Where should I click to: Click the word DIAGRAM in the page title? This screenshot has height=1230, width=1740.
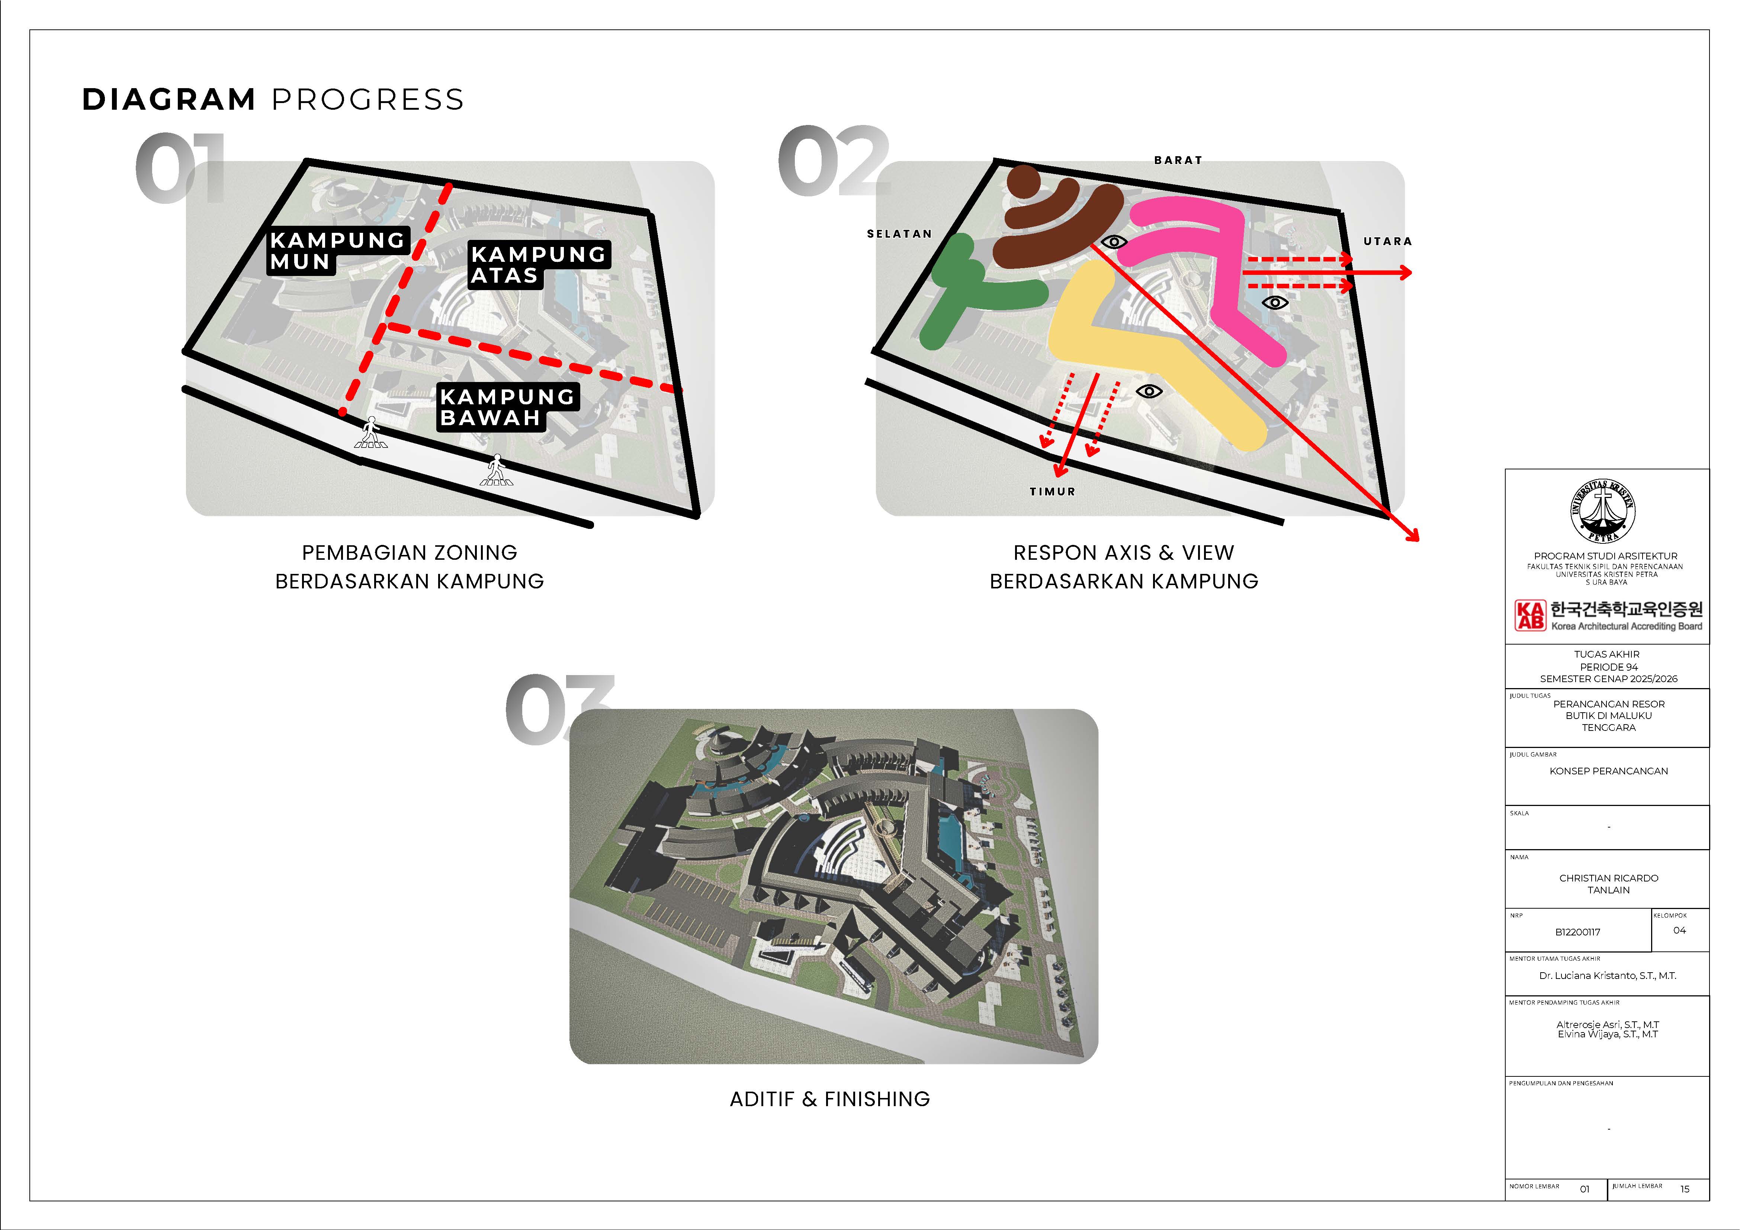tap(169, 99)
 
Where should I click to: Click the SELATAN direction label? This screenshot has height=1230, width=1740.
tap(899, 234)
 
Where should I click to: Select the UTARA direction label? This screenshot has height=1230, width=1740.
tap(1388, 241)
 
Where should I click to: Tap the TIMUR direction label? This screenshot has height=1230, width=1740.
tap(1052, 491)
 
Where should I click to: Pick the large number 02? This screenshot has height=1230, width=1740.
tap(834, 161)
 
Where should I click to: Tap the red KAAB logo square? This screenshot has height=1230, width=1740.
tap(1529, 614)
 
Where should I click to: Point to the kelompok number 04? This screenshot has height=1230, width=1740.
tap(1679, 930)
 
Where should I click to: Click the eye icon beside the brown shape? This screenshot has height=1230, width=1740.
tap(1113, 242)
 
